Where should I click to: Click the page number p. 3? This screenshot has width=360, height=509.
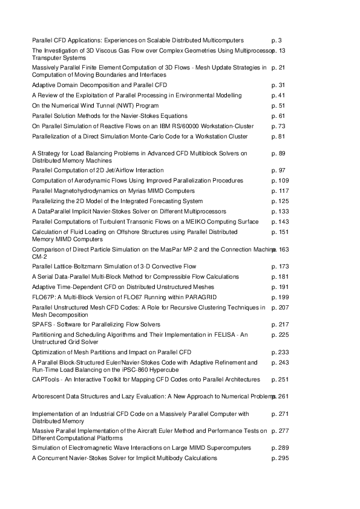point(277,39)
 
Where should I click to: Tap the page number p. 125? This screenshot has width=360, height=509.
point(280,201)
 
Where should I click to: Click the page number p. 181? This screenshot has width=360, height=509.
point(280,277)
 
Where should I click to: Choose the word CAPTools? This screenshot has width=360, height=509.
point(46,380)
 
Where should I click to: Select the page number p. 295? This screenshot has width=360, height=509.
point(280,459)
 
